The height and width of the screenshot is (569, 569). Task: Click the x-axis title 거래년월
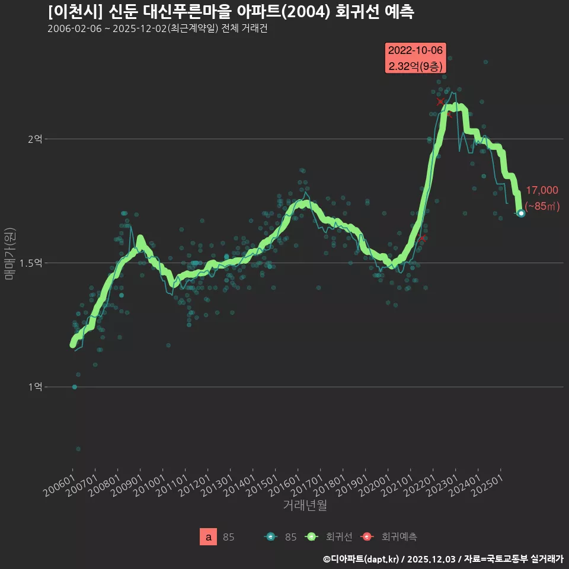tap(305, 506)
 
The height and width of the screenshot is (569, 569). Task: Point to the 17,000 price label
tap(542, 190)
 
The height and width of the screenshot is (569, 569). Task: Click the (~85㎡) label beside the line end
tap(542, 206)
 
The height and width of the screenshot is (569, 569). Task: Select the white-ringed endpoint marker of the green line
tap(521, 213)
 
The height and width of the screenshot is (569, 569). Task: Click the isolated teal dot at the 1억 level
tap(74, 387)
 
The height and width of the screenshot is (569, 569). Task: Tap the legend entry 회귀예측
tap(399, 537)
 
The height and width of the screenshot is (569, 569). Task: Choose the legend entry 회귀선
tap(339, 537)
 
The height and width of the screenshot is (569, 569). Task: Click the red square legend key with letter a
tap(208, 537)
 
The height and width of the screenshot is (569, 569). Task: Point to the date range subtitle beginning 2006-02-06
tap(157, 28)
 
